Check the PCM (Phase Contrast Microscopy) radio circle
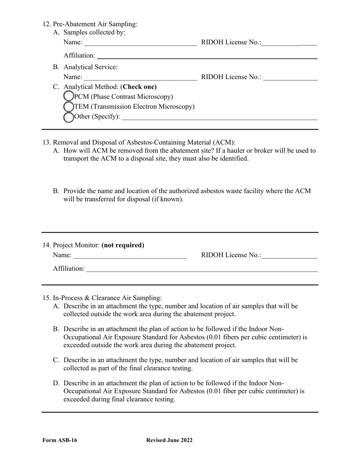point(69,97)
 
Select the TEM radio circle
point(69,107)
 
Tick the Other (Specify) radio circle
point(69,117)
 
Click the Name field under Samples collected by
point(140,42)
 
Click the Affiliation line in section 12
point(207,56)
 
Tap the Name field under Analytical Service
point(140,77)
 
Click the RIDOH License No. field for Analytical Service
point(290,77)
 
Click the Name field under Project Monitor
point(130,255)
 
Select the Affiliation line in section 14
point(202,269)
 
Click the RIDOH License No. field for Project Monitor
point(290,255)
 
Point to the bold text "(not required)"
point(123,245)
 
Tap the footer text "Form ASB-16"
point(59,440)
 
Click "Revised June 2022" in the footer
point(169,440)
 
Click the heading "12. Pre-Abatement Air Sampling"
point(90,24)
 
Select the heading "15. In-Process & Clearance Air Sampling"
point(102,298)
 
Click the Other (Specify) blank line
point(220,117)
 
